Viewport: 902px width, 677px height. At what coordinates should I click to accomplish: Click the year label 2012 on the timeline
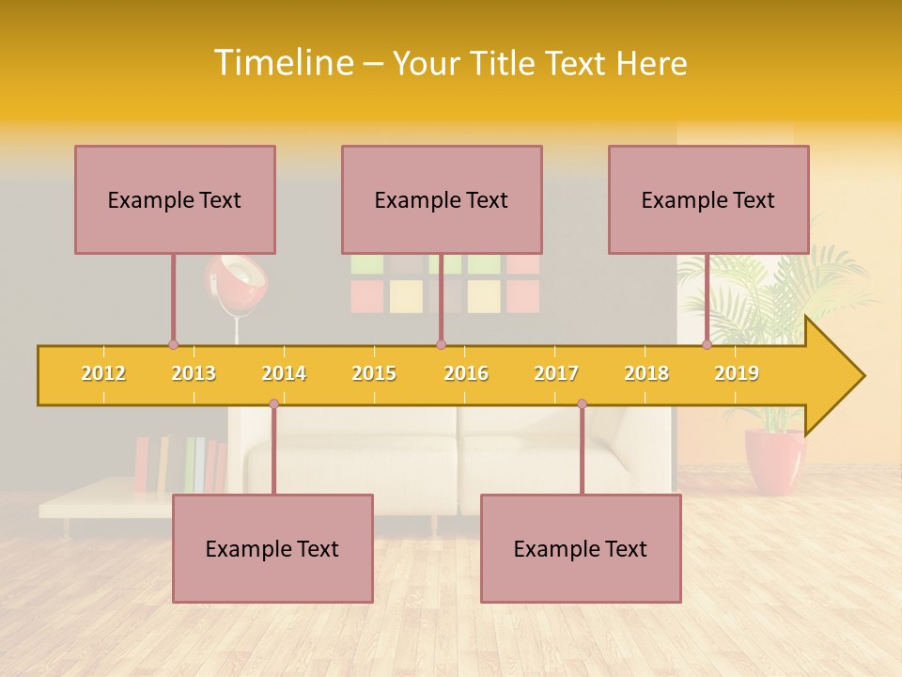103,373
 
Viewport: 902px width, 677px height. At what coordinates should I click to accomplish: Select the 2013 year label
194,373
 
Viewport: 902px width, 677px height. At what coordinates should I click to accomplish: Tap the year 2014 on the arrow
284,373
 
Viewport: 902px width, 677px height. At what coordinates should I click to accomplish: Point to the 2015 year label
374,373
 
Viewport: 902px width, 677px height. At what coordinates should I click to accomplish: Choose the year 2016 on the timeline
466,373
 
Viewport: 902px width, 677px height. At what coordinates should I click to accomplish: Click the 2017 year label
556,373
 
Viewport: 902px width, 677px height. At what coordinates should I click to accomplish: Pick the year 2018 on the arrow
646,373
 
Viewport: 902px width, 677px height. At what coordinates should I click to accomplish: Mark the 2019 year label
737,373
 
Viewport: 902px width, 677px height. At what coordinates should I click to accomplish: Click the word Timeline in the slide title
283,63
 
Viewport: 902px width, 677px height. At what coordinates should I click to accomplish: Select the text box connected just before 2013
175,199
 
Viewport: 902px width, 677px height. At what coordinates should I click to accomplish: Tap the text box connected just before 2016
442,199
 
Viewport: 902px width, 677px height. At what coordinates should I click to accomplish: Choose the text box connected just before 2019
708,199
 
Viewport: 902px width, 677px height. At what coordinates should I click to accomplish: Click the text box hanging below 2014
272,548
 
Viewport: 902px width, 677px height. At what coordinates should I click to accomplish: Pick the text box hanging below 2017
581,548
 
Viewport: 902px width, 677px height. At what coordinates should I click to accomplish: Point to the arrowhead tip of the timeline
862,376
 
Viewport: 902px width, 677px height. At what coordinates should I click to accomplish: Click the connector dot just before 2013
173,345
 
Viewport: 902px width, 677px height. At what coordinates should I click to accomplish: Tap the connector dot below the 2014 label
273,404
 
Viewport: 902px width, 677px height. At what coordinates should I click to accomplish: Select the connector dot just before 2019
707,345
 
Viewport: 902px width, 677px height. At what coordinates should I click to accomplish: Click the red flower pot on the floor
775,461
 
